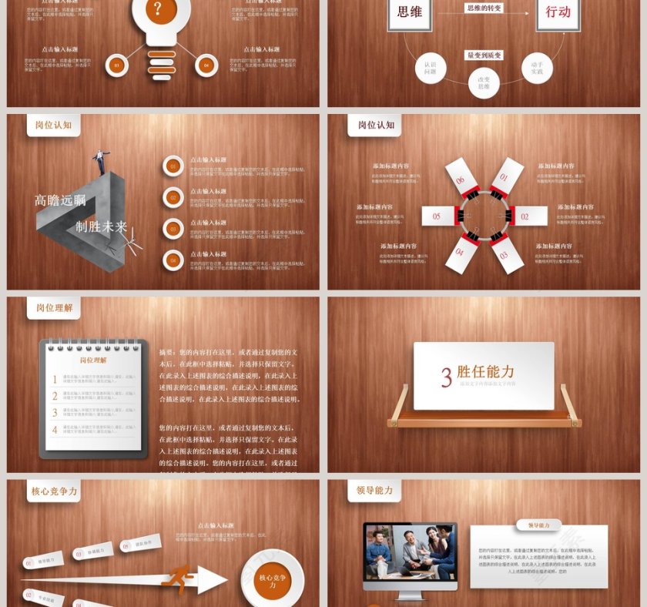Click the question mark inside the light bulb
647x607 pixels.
click(158, 9)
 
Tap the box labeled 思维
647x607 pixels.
click(409, 12)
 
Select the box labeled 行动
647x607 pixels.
click(558, 12)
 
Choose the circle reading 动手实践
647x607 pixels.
click(537, 67)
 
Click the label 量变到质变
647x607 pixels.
click(484, 55)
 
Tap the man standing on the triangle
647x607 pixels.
click(99, 161)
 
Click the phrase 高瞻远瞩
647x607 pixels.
click(59, 201)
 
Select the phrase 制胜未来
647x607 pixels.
click(101, 226)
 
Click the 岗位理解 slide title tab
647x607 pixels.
click(54, 308)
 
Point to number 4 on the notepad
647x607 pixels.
click(55, 429)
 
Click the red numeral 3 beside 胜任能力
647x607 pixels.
click(446, 377)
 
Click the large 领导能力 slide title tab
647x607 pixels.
click(375, 490)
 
